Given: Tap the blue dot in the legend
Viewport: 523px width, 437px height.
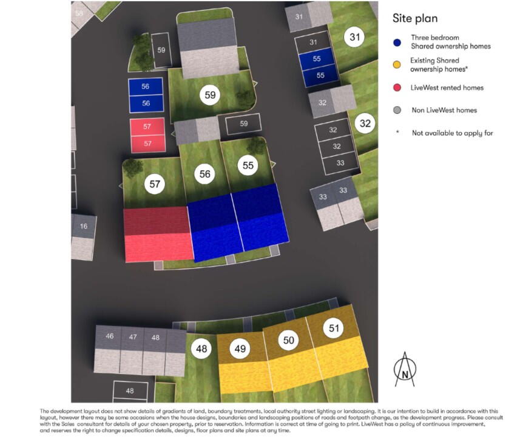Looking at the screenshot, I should [397, 42].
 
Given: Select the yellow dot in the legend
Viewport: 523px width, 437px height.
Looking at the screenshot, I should [397, 65].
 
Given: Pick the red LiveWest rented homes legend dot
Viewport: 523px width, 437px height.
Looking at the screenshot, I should [397, 88].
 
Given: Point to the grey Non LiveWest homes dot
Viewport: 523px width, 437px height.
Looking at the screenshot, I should [397, 110].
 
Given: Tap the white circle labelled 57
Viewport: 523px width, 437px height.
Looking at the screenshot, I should [155, 184].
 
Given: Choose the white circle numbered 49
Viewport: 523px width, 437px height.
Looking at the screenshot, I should [241, 349].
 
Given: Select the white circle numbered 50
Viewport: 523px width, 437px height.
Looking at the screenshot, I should [289, 341].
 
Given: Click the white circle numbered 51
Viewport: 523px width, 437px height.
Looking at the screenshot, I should [334, 329].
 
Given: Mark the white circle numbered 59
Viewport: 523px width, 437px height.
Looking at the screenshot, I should [210, 95].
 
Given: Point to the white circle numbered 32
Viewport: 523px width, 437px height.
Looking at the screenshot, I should [365, 124].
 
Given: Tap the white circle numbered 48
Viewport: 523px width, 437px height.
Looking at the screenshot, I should [201, 349].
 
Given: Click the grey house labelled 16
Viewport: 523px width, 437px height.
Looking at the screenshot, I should [84, 227].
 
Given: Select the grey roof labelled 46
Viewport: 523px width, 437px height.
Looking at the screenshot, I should [109, 337].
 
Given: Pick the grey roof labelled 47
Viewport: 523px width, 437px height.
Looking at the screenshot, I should [132, 337].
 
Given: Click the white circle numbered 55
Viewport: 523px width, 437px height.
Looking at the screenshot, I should [248, 166].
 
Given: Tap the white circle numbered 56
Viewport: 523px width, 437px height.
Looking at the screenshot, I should [205, 174].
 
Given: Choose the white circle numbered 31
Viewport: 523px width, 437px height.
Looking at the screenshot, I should [355, 38].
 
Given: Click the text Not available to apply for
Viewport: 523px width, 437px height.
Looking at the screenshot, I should [452, 133].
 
